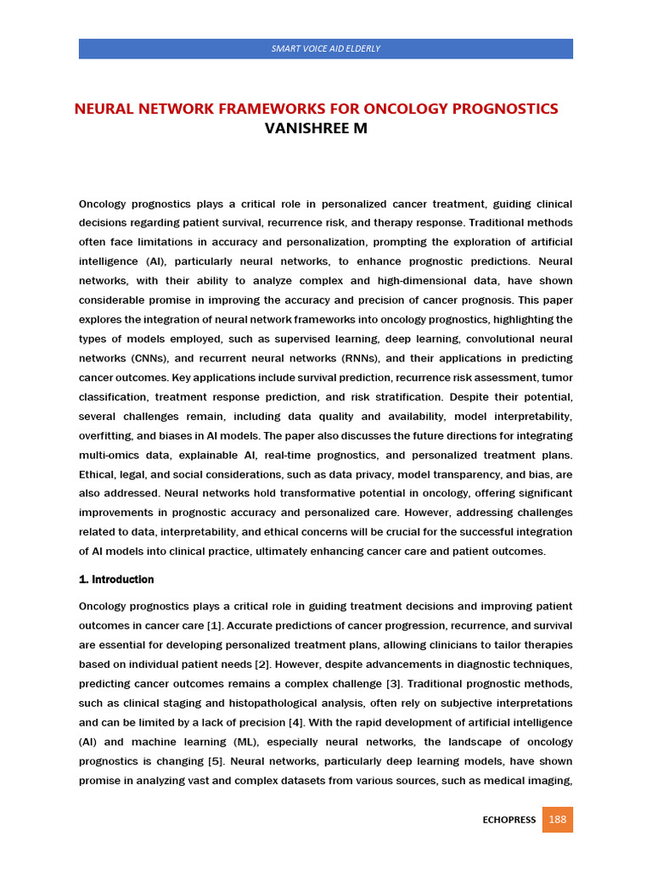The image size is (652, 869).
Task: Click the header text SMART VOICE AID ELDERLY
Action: coord(325,48)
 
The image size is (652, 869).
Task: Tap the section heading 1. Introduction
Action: coord(116,580)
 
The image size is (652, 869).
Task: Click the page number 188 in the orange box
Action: coord(558,820)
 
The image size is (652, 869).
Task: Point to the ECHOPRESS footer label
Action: coord(509,821)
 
